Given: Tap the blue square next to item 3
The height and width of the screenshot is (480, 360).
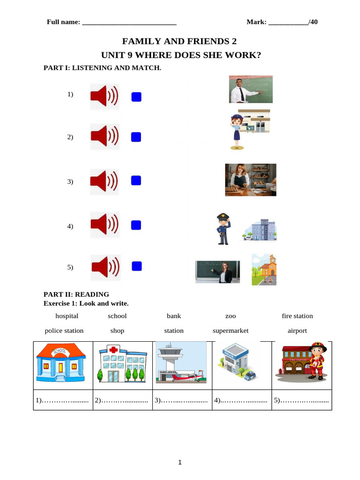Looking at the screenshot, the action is pyautogui.click(x=136, y=180).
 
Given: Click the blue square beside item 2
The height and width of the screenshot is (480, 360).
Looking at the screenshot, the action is pyautogui.click(x=136, y=137).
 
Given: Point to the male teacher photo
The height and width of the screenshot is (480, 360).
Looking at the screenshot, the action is pyautogui.click(x=250, y=90).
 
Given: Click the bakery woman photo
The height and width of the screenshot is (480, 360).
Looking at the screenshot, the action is pyautogui.click(x=250, y=180).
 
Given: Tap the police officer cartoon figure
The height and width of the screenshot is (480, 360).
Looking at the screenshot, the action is pyautogui.click(x=223, y=229).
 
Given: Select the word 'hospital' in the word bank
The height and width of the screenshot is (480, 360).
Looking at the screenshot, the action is pyautogui.click(x=67, y=316).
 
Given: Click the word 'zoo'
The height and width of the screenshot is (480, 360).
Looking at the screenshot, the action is pyautogui.click(x=231, y=316).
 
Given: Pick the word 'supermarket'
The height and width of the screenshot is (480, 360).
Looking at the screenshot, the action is pyautogui.click(x=230, y=330).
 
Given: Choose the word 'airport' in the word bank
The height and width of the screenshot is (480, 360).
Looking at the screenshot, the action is pyautogui.click(x=297, y=330).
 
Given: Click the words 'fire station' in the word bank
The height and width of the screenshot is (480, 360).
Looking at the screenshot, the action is pyautogui.click(x=297, y=316).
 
